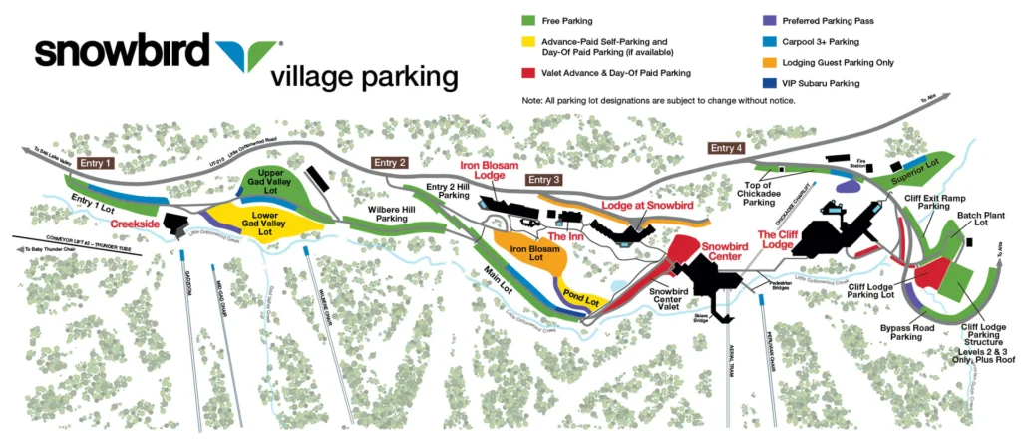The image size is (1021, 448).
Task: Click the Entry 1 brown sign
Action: [x=96, y=163]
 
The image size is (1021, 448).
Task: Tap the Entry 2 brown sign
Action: [x=390, y=163]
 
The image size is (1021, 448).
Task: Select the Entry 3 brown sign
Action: [x=543, y=180]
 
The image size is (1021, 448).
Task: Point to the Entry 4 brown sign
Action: [x=727, y=148]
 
